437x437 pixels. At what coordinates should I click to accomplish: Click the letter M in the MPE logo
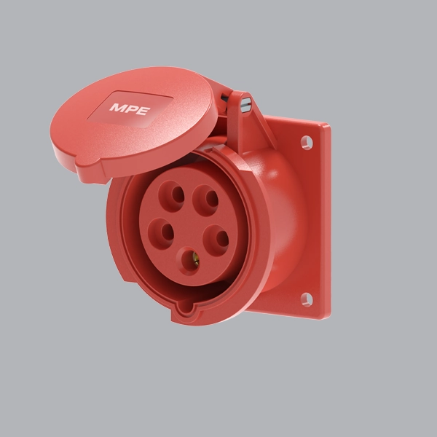117,108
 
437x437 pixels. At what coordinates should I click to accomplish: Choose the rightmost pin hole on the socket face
216,238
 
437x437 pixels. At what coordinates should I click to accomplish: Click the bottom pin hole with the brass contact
191,259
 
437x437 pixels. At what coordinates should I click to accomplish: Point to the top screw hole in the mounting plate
307,141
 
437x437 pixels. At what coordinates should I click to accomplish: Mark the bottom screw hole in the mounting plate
306,299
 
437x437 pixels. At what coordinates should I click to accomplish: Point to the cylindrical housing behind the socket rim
280,219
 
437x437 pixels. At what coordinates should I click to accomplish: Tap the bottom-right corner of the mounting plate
327,315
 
